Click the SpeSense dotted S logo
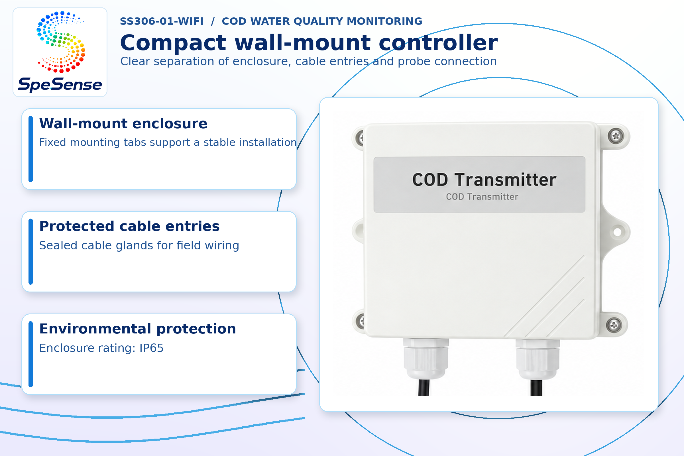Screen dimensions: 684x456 pos(61,42)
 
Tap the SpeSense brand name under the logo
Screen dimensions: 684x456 pos(60,85)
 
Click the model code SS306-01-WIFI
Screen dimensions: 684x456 pos(161,21)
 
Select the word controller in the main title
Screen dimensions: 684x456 pos(438,43)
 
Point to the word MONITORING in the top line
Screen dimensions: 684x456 pos(384,21)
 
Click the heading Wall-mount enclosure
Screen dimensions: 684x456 pos(123,124)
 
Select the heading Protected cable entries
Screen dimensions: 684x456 pos(129,226)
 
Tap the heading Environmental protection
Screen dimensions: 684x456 pos(138,329)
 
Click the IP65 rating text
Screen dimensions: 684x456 pos(151,348)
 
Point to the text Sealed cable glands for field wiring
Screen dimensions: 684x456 pos(139,245)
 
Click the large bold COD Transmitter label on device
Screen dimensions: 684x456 pos(484,180)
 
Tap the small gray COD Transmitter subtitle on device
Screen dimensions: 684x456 pos(482,197)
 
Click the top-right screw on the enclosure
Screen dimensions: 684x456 pos(616,136)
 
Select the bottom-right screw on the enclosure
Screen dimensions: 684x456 pos(614,325)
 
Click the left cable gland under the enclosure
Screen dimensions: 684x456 pos(426,359)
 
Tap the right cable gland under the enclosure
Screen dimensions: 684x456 pos(538,359)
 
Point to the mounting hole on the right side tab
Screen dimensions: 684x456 pos(617,232)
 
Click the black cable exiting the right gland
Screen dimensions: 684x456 pos(536,388)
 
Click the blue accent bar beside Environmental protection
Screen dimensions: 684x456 pos(30,354)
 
